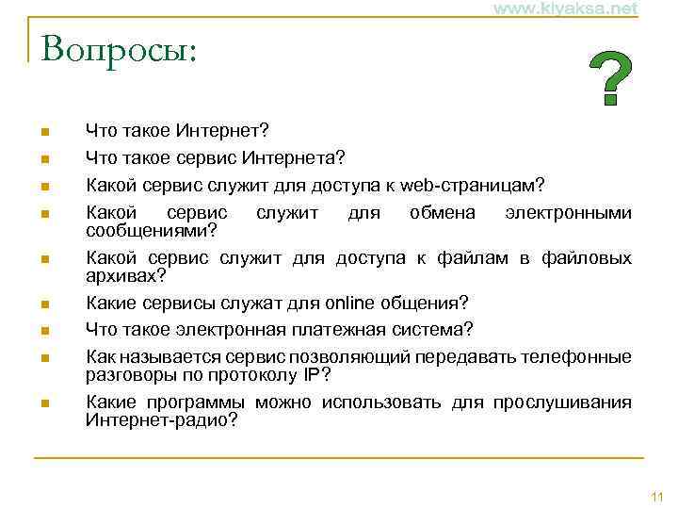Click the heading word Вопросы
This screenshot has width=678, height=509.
coord(113,50)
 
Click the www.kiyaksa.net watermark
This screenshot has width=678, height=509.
coord(565,8)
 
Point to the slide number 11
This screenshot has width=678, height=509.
coord(656,497)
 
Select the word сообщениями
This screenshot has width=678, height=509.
coord(147,230)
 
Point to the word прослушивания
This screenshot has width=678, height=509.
coord(565,402)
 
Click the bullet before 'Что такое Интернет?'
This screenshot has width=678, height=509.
coord(45,130)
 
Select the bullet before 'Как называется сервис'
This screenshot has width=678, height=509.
coord(45,358)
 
